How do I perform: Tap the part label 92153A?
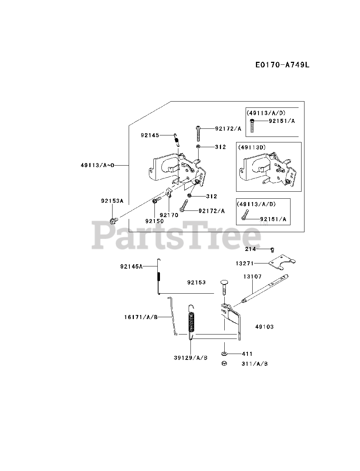(x=112, y=201)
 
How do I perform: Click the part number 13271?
(x=245, y=263)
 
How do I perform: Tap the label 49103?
(x=264, y=326)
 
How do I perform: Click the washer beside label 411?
(x=224, y=354)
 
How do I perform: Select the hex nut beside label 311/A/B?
(x=224, y=364)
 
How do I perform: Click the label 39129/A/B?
(x=190, y=358)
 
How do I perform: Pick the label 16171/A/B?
(x=141, y=317)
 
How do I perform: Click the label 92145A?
(x=131, y=266)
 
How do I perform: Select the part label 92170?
(x=169, y=215)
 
